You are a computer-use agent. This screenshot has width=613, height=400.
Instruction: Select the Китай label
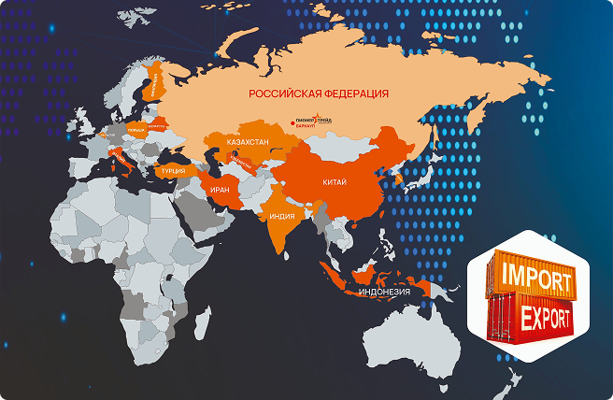335,183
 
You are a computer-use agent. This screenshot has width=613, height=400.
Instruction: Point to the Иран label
220,189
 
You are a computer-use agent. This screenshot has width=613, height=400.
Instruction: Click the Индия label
281,214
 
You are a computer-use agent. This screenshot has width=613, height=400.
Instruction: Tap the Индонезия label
384,292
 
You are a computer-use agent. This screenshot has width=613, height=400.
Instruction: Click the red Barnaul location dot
295,121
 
